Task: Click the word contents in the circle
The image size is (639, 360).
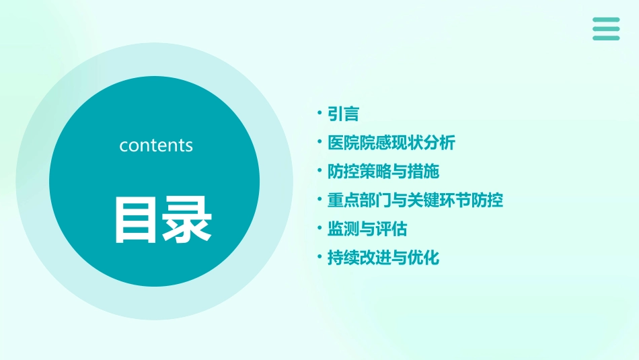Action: click(x=156, y=145)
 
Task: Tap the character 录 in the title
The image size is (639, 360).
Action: click(x=188, y=219)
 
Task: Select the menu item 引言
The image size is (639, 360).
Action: click(x=343, y=114)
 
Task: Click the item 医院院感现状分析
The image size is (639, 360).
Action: click(x=391, y=143)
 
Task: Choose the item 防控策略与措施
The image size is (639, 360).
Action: click(x=383, y=172)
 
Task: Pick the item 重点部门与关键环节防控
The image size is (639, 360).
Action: click(x=415, y=201)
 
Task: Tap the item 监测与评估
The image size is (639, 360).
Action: click(x=367, y=229)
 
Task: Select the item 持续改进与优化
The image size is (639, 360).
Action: click(x=383, y=258)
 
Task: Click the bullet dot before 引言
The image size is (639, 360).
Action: click(x=320, y=114)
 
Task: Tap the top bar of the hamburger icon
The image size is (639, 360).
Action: click(x=606, y=20)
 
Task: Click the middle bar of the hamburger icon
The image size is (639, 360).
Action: click(x=606, y=29)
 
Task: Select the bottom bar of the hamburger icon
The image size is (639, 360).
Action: click(x=606, y=38)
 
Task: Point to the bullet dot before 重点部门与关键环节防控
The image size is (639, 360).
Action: click(x=320, y=200)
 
